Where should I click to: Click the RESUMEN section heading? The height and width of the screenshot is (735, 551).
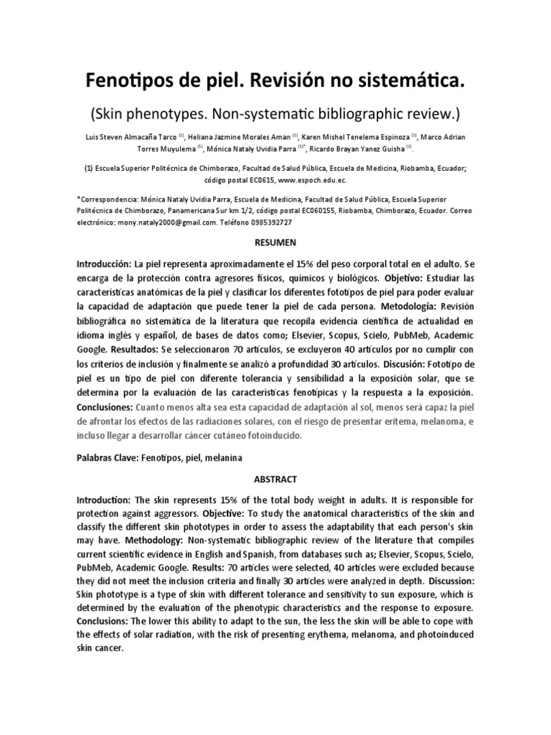point(275,243)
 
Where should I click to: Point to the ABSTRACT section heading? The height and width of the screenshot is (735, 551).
point(275,479)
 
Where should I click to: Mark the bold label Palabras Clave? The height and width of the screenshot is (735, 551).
point(109,457)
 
